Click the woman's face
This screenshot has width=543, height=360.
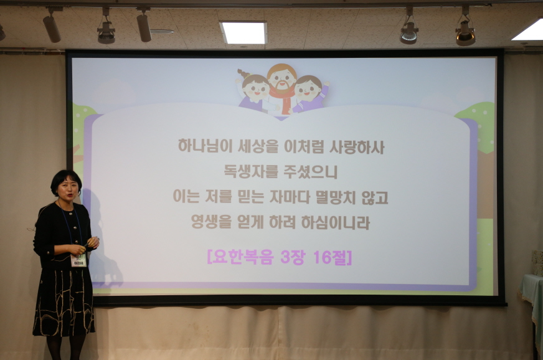coord(67,186)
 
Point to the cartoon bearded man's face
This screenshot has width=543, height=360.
coord(282,78)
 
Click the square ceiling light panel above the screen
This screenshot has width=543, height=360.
coord(243,32)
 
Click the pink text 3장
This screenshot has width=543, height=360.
coord(291,256)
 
